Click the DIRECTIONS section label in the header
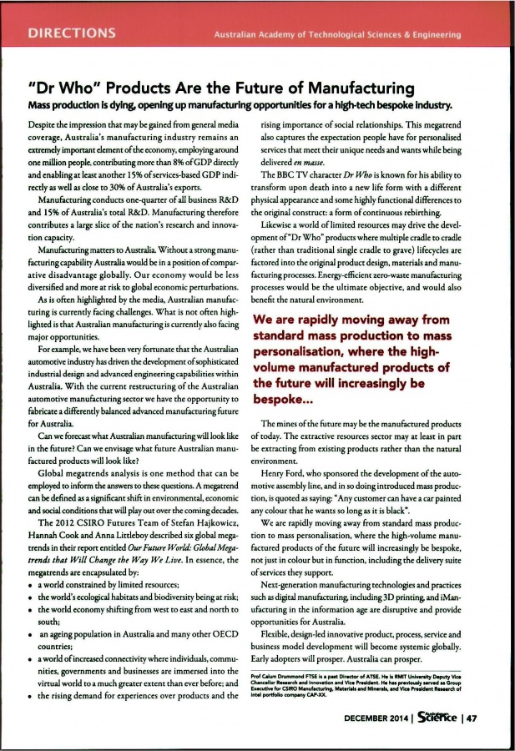click(x=71, y=33)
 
